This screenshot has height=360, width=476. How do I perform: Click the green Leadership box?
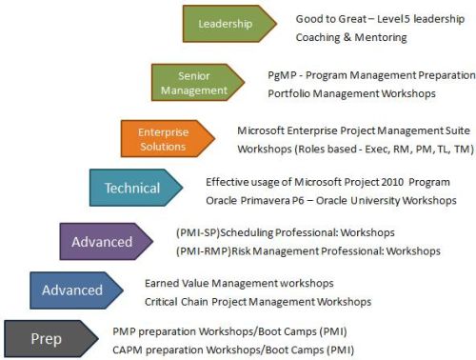point(227,24)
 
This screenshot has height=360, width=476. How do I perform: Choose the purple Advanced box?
point(102,241)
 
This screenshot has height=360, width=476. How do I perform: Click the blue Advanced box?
point(72,290)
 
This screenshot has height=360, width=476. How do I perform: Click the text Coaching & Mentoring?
point(351,38)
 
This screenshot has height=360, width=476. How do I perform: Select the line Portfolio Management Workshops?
point(351,93)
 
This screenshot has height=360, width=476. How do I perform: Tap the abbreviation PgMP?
point(283,74)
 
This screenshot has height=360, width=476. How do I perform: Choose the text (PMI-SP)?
point(196,232)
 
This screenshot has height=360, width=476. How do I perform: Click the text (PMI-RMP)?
point(200,250)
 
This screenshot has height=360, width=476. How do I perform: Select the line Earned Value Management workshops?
point(239,284)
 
